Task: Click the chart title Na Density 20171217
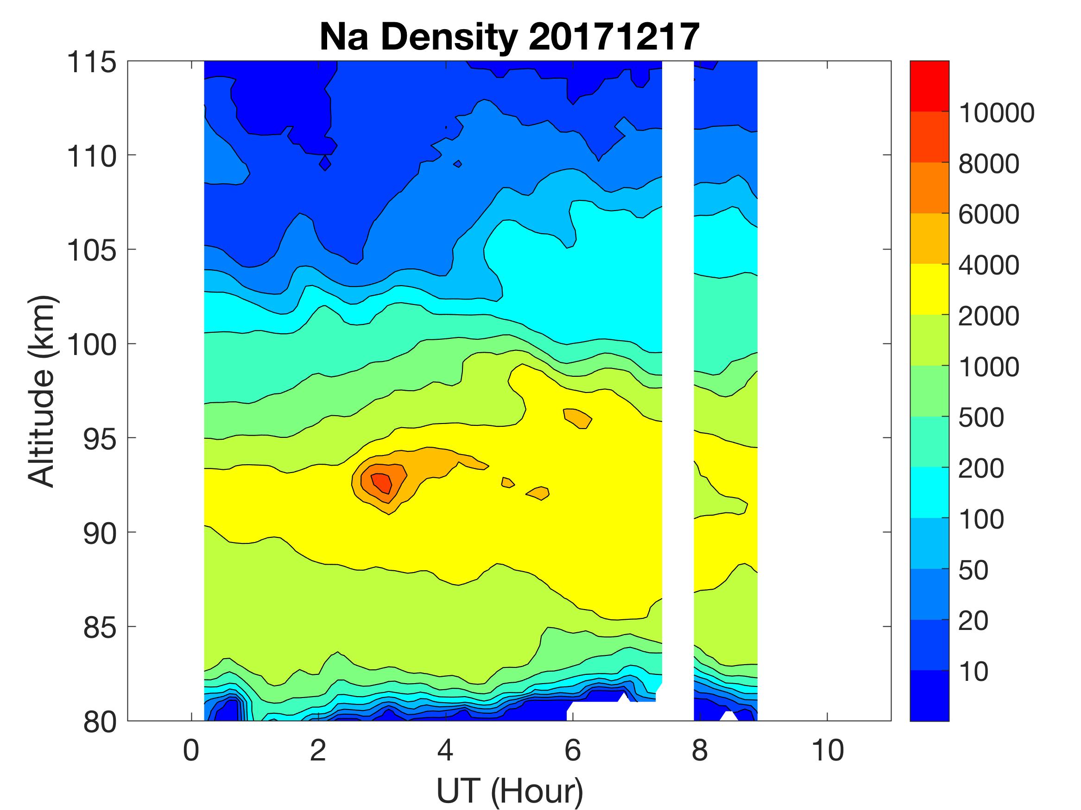[509, 37]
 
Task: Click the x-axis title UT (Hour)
[509, 791]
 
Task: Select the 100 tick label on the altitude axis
[92, 345]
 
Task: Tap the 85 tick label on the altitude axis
[100, 627]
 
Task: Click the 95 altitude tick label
[100, 439]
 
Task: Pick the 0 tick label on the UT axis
[191, 750]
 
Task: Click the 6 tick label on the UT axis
[573, 750]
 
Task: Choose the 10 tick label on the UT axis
[828, 750]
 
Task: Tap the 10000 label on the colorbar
[996, 113]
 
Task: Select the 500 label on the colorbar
[981, 417]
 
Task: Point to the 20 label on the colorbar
[973, 621]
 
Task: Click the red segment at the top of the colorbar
[929, 86]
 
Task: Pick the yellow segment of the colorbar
[929, 289]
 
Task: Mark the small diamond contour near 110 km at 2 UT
[325, 163]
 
